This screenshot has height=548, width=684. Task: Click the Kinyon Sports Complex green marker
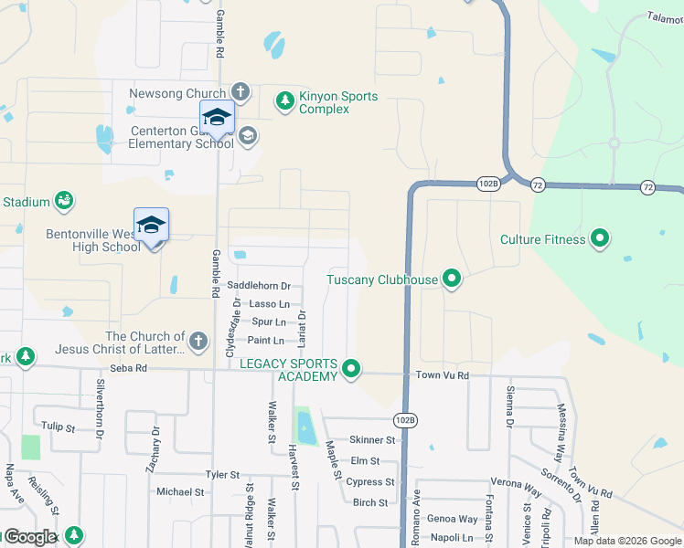click(285, 100)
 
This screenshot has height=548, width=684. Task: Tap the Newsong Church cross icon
click(240, 92)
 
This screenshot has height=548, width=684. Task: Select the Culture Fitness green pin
click(600, 239)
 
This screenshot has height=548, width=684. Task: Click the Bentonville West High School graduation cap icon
click(151, 224)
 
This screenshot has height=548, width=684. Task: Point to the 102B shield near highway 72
click(488, 184)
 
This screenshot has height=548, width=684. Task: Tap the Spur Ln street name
click(268, 322)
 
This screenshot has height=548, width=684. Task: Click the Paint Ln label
click(266, 341)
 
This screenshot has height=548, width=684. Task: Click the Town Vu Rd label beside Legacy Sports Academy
click(442, 375)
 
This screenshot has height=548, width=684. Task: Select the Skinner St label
click(371, 440)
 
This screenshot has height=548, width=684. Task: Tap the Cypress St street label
click(370, 482)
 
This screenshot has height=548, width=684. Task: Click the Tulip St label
click(57, 425)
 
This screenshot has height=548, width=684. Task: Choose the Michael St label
click(179, 491)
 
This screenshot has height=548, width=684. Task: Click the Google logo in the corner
click(30, 537)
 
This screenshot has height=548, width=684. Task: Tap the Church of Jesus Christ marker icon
click(200, 342)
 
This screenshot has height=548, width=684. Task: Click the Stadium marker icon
click(63, 201)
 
